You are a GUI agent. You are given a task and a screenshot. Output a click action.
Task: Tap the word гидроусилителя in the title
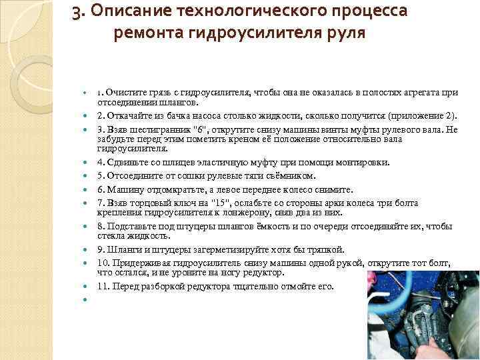click(x=253, y=33)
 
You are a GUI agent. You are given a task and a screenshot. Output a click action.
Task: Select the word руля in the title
click(x=345, y=33)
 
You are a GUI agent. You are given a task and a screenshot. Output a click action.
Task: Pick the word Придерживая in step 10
click(x=141, y=263)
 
